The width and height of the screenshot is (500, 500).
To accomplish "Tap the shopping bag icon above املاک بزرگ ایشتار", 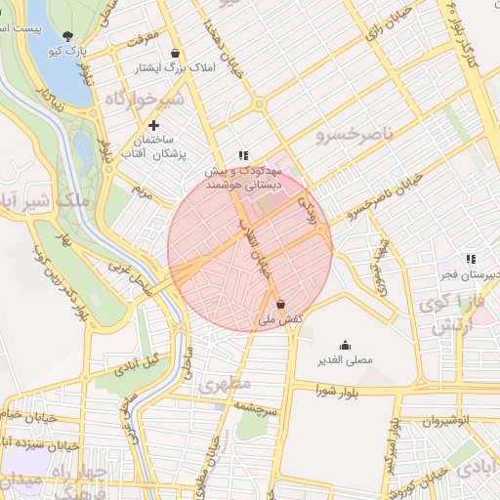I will tap(175, 54).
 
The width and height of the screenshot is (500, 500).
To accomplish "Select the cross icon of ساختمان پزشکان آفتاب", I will tap(153, 126).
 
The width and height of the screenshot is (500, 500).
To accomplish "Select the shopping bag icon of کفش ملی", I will tap(281, 304).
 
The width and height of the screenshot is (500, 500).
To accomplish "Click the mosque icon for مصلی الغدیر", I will tap(344, 345).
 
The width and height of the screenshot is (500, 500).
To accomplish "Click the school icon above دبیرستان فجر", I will tap(471, 259).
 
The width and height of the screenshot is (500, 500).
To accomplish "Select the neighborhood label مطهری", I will tap(226, 384).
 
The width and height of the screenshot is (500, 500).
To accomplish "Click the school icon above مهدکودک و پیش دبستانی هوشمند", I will tap(243, 155).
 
